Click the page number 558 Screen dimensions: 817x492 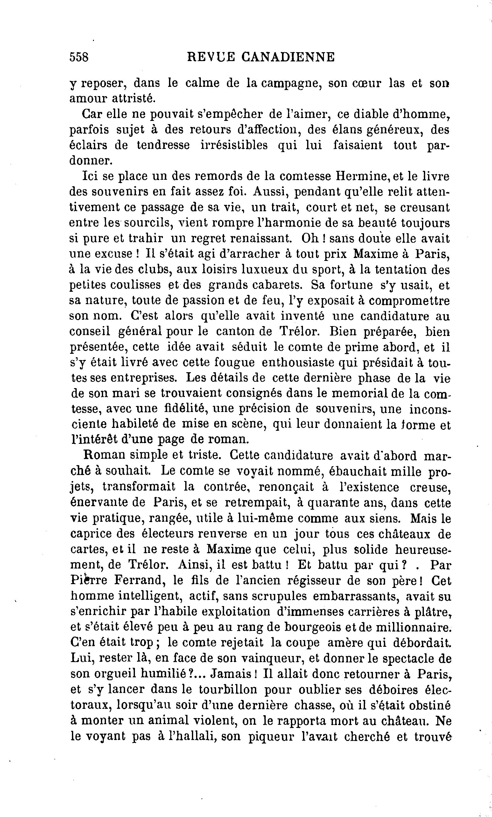[x=79, y=57]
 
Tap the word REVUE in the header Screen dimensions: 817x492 [x=211, y=57]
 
